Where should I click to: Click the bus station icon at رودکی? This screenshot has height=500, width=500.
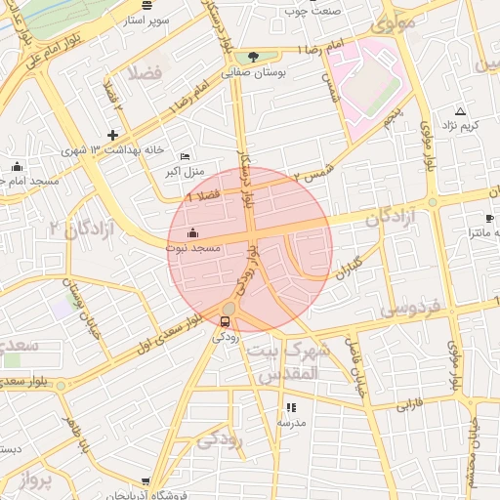click(x=227, y=321)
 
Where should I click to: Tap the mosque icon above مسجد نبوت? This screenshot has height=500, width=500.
click(x=192, y=233)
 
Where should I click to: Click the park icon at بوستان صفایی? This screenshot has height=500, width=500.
click(x=254, y=57)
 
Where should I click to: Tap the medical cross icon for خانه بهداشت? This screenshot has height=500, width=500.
click(x=113, y=135)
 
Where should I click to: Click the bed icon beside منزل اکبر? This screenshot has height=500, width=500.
click(x=186, y=156)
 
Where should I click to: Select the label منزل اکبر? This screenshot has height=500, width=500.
click(x=186, y=171)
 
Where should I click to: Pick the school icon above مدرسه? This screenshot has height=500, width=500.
click(x=290, y=407)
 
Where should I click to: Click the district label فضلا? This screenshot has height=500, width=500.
click(x=136, y=74)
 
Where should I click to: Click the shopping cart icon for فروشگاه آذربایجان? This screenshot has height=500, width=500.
click(x=146, y=482)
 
